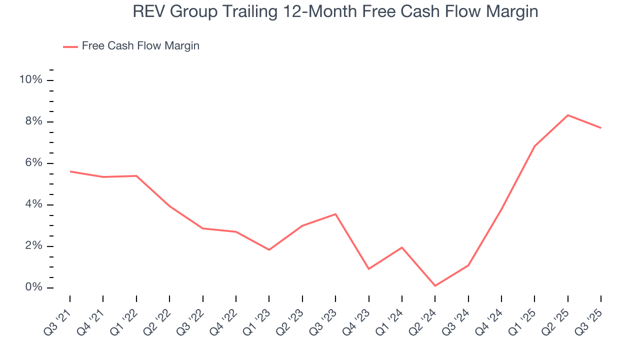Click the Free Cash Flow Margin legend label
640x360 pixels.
(x=140, y=46)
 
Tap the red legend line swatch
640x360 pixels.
(x=70, y=46)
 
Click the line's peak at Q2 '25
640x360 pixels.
(x=567, y=115)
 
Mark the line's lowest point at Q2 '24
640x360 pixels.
(x=435, y=286)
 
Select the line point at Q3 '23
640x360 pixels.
(x=335, y=214)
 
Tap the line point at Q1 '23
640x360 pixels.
(x=269, y=249)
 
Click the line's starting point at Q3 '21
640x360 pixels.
(x=70, y=171)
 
